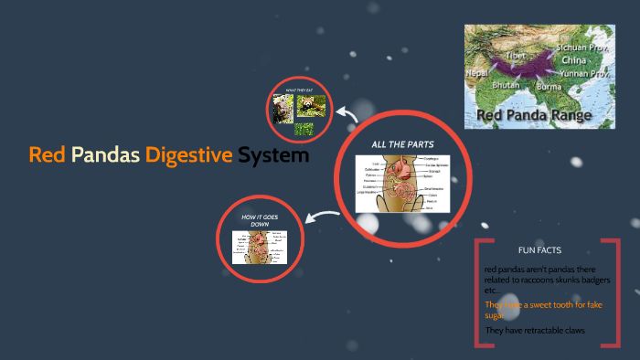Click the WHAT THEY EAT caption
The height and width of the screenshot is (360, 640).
(x=299, y=90)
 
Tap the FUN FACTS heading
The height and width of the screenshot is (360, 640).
(x=539, y=249)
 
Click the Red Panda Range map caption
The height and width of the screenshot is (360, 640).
(x=534, y=115)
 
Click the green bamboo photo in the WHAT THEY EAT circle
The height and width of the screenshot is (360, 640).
(x=304, y=128)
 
